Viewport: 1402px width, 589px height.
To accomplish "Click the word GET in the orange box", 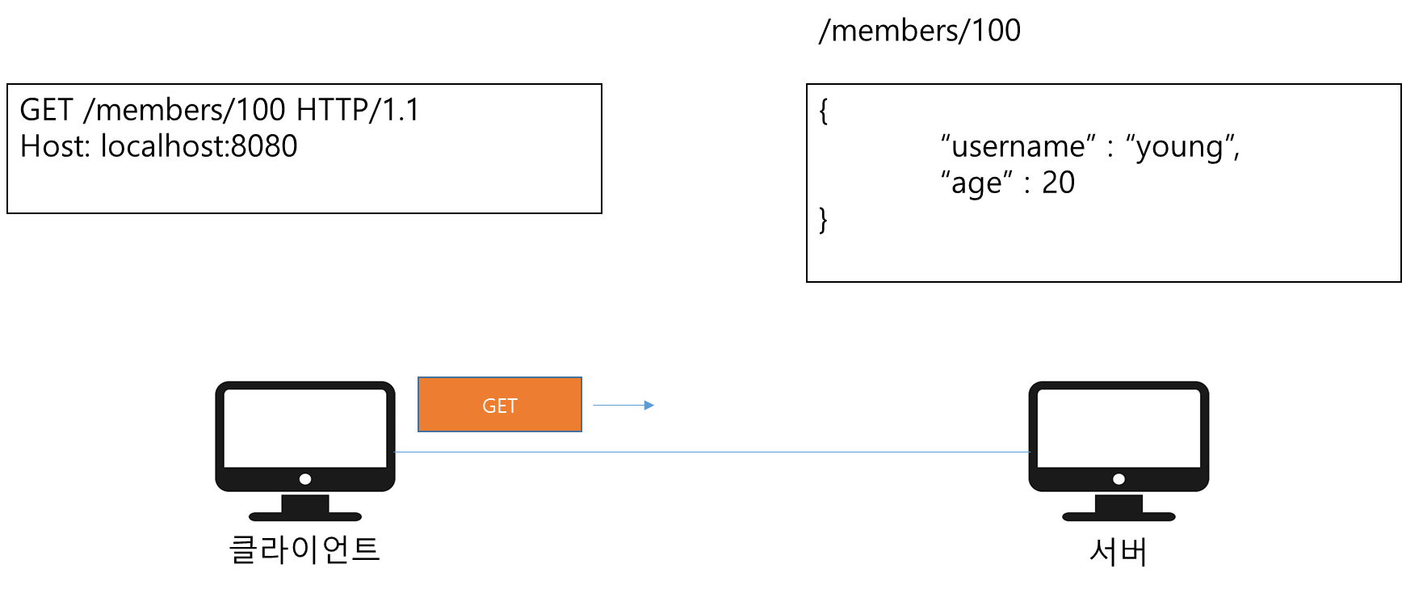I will [x=499, y=406].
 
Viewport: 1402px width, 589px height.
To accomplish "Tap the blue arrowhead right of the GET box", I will [x=649, y=406].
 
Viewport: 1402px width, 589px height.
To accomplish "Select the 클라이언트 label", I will [x=304, y=549].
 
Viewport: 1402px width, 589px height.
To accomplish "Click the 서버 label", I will [x=1119, y=552].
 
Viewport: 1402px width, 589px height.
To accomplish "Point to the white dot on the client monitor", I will [x=305, y=479].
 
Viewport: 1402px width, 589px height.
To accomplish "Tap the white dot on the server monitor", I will [x=1119, y=479].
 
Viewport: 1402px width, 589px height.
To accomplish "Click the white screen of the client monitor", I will [x=305, y=427].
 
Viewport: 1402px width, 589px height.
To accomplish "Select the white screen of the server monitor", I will [x=1119, y=427].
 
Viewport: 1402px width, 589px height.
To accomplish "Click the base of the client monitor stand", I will [x=305, y=516].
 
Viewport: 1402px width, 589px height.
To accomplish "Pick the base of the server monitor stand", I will [x=1119, y=516].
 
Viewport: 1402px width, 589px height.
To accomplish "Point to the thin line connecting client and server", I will [x=711, y=452].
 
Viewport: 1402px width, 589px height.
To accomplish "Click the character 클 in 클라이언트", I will [x=243, y=549].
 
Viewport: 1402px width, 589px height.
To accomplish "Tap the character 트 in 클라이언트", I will [x=366, y=549].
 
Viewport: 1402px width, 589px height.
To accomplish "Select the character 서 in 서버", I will [x=1103, y=552].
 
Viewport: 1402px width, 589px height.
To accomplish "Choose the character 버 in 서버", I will [x=1134, y=552].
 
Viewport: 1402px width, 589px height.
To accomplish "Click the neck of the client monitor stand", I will [x=305, y=503].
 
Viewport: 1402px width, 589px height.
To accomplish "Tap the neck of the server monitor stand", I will [x=1119, y=503].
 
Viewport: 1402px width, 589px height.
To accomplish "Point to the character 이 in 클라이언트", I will [x=304, y=549].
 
